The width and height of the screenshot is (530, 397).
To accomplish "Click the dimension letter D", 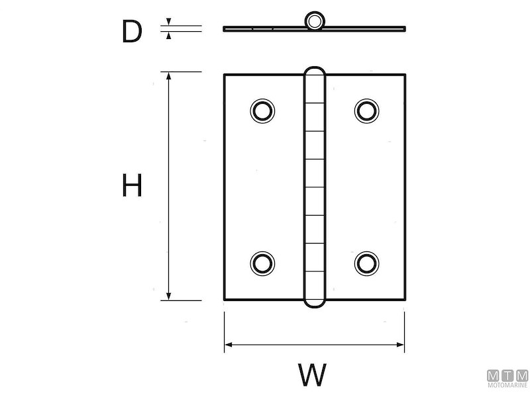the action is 132,31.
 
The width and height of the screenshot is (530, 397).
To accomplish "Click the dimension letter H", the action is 132,185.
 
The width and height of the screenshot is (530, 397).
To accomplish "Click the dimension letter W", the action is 312,375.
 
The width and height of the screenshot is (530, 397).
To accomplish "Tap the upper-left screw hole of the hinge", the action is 262,110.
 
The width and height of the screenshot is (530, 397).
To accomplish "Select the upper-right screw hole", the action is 367,110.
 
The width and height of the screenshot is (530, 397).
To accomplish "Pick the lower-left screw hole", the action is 262,263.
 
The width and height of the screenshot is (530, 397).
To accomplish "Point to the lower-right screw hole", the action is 367,263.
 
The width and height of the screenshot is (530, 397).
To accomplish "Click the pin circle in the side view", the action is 315,21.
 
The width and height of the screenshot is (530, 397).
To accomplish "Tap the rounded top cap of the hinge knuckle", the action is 315,72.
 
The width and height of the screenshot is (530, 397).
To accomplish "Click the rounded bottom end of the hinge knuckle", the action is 315,302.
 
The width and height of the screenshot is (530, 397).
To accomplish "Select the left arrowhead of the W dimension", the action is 229,345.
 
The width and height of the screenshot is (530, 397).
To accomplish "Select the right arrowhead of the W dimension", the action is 400,345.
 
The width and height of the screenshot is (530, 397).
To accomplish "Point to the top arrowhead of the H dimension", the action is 169,76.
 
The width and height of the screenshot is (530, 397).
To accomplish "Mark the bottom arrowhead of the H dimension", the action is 169,296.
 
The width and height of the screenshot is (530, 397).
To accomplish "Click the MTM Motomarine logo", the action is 507,378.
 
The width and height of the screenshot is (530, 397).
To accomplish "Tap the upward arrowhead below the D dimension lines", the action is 169,35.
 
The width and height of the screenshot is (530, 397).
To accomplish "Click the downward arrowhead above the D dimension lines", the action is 169,22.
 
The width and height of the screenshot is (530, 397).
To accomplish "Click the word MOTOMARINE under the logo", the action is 507,385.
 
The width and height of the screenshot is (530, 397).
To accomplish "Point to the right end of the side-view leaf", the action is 405,28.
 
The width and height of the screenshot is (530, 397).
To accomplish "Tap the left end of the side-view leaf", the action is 224,28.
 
